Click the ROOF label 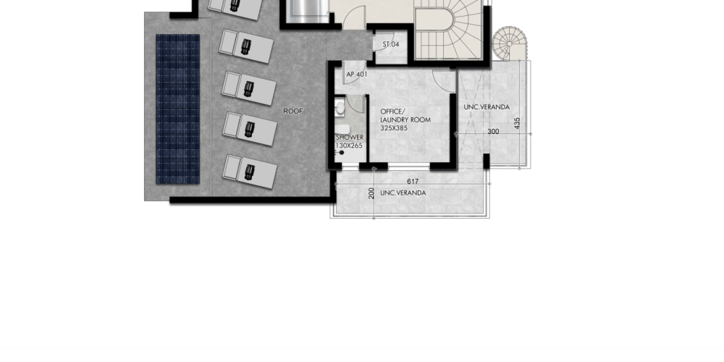(x=293, y=111)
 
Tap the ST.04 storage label (x=391, y=44)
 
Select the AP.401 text (x=357, y=75)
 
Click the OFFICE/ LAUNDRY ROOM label (x=405, y=115)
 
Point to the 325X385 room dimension (x=394, y=128)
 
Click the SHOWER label (x=350, y=137)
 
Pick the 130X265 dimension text (x=349, y=146)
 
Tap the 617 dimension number (x=413, y=182)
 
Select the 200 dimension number (x=371, y=193)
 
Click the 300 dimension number (x=493, y=132)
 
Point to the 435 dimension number (x=517, y=123)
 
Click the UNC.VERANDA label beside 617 (x=403, y=193)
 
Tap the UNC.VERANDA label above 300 (x=487, y=107)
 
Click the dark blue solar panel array (x=178, y=109)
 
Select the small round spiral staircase (x=510, y=43)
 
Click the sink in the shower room (x=340, y=108)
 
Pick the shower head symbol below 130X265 (x=341, y=153)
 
